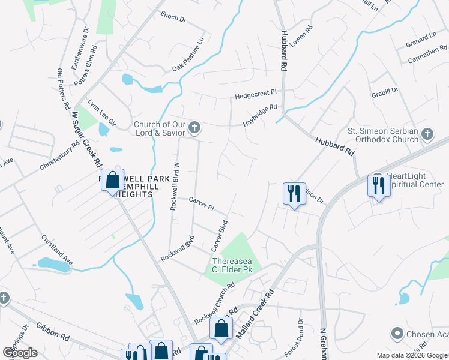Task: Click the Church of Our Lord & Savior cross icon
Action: (x=194, y=127)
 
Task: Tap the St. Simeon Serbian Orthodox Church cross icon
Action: (x=427, y=134)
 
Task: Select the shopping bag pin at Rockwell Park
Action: (x=112, y=179)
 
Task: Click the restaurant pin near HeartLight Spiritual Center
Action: (x=378, y=185)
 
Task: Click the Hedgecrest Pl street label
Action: (x=256, y=94)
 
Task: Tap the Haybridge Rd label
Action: (x=260, y=112)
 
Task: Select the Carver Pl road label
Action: (x=202, y=203)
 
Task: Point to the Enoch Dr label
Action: (x=174, y=17)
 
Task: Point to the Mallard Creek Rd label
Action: (x=255, y=314)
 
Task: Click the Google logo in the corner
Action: (x=20, y=353)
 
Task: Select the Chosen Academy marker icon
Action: (x=396, y=333)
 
